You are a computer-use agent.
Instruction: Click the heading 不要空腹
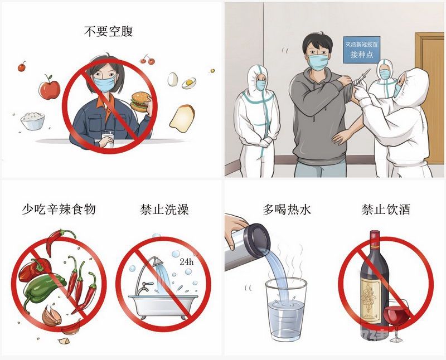tap(108, 31)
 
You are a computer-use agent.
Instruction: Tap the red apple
tap(50, 87)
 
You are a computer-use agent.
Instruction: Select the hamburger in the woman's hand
tap(140, 101)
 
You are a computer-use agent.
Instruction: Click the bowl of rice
tap(33, 121)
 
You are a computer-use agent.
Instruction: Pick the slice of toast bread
tap(182, 119)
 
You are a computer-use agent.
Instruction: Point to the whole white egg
tap(173, 79)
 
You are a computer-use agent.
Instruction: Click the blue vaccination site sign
tap(361, 50)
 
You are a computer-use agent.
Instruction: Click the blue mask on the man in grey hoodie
tap(318, 62)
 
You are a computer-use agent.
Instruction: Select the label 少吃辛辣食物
tap(59, 210)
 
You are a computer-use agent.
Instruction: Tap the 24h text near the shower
tap(187, 261)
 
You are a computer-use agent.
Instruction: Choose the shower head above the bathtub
tap(156, 261)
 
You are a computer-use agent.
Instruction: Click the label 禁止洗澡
tap(164, 210)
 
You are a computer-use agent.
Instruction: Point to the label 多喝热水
tap(287, 210)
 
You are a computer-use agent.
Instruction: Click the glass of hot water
tap(286, 309)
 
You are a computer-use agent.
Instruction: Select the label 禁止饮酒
tap(386, 210)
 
